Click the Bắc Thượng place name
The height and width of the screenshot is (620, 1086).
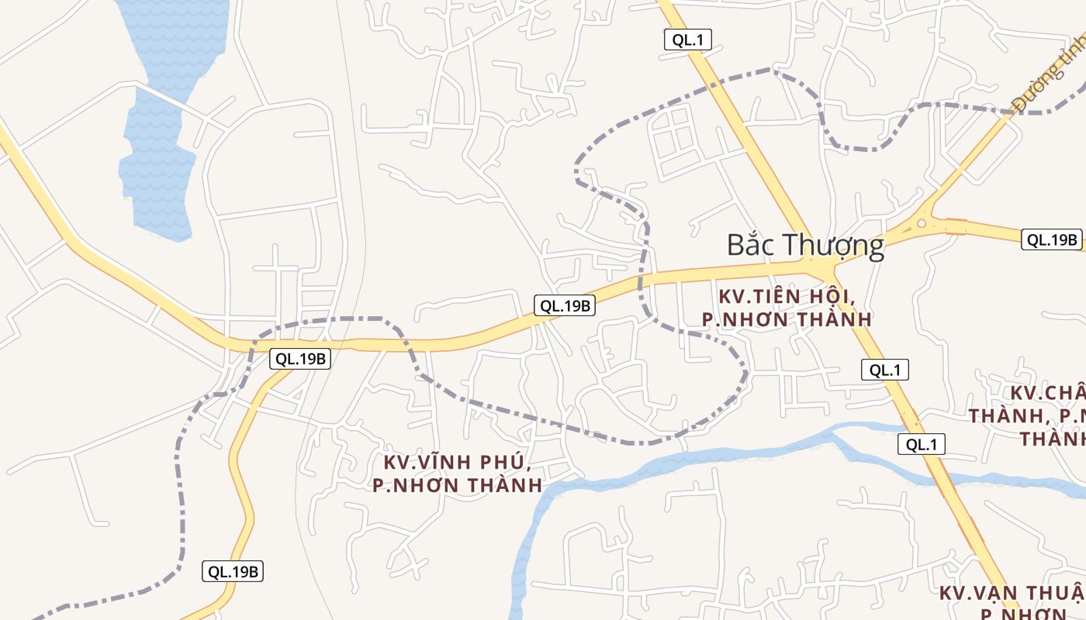pyautogui.click(x=805, y=246)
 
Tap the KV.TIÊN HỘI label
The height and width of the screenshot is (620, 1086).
pyautogui.click(x=787, y=296)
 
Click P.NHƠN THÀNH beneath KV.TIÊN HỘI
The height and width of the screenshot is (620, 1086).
pyautogui.click(x=787, y=319)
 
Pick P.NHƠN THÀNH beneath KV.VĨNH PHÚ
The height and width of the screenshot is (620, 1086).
pyautogui.click(x=458, y=486)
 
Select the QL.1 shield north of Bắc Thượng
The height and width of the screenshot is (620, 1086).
pyautogui.click(x=688, y=40)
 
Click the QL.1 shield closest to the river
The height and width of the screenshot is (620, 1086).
pyautogui.click(x=922, y=444)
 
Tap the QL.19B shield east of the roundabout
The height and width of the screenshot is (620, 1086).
pyautogui.click(x=1052, y=239)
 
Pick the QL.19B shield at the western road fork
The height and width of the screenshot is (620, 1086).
pyautogui.click(x=300, y=359)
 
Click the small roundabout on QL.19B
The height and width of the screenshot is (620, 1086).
pyautogui.click(x=922, y=225)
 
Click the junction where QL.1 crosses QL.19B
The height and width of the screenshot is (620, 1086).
pyautogui.click(x=824, y=267)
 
